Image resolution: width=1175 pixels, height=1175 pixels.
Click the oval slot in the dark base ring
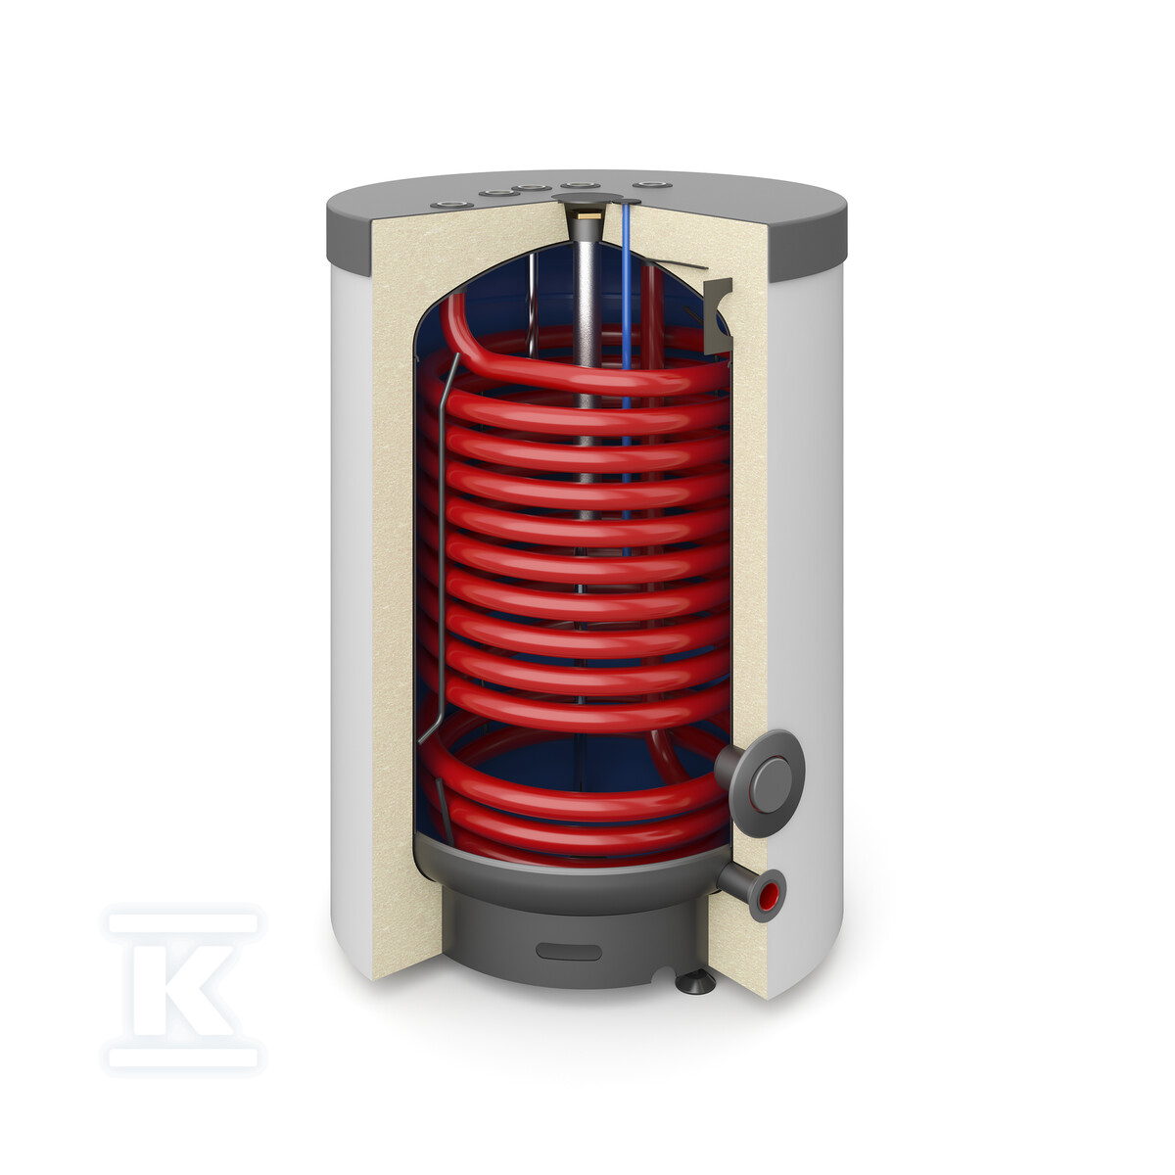pos(569,952)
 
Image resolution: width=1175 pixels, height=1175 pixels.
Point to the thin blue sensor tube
pos(627,378)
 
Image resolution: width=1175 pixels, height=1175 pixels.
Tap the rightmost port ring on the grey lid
pos(652,185)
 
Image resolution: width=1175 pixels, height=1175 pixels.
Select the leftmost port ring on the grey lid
pos(451,205)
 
